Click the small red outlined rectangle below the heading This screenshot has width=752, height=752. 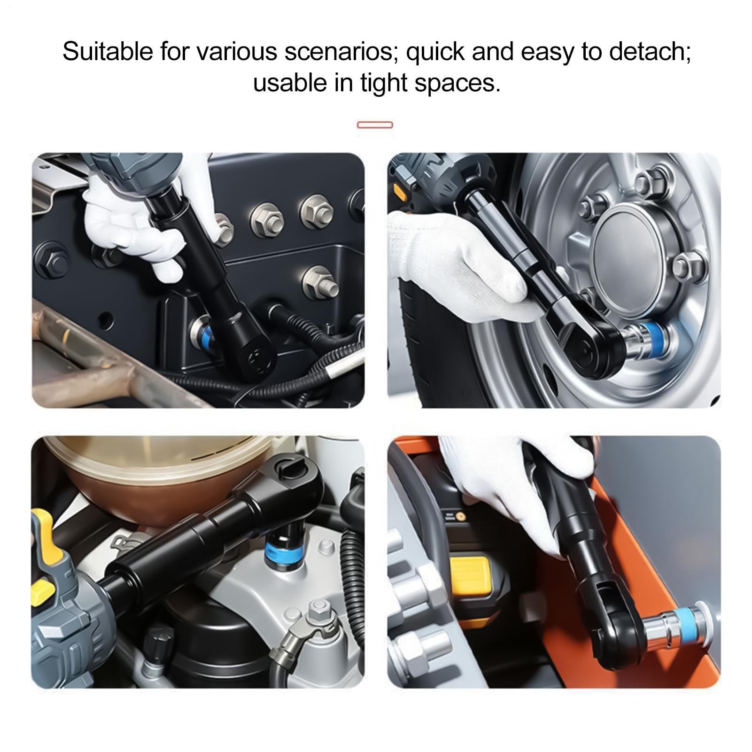pyautogui.click(x=375, y=125)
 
